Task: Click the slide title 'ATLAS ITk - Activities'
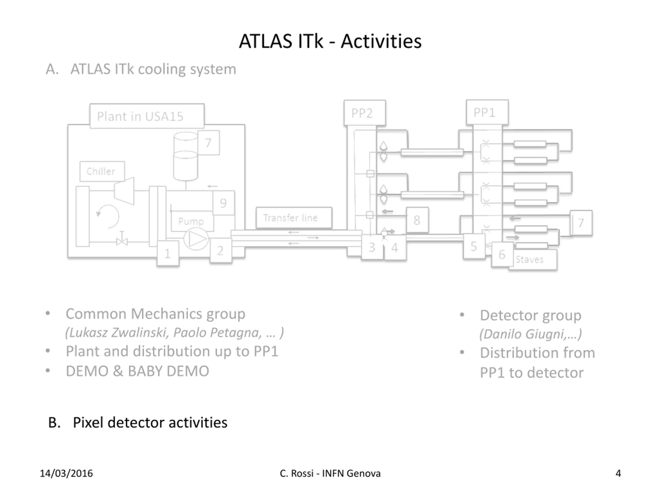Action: click(x=330, y=41)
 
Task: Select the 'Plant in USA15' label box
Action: click(x=147, y=116)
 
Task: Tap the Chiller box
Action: click(x=102, y=171)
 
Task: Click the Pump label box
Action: click(x=192, y=221)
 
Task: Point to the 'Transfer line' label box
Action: click(x=294, y=218)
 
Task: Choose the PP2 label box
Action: click(x=365, y=113)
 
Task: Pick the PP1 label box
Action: click(x=487, y=112)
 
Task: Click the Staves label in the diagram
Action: click(x=530, y=260)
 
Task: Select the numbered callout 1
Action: click(x=168, y=253)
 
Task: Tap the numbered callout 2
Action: click(x=221, y=251)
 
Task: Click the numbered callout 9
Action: click(x=224, y=203)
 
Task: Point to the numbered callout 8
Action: click(x=417, y=220)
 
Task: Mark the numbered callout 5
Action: click(x=474, y=246)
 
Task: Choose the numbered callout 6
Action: click(x=502, y=254)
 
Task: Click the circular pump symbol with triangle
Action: click(x=196, y=239)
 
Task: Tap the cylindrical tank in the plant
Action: click(x=186, y=156)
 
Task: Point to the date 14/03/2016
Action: click(x=66, y=473)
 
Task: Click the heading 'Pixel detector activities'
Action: click(x=150, y=422)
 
